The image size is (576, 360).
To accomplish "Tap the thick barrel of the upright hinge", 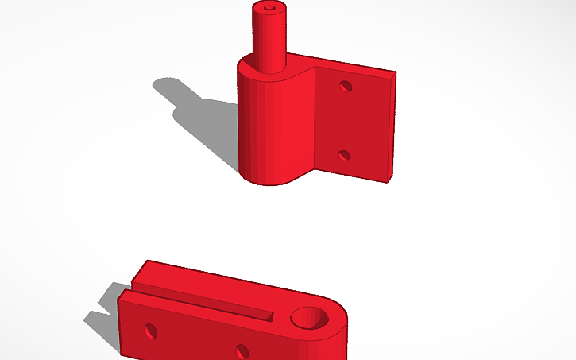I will pos(262,127).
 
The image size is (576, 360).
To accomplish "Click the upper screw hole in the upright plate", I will pos(345,85).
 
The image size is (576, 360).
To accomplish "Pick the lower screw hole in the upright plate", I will pos(344,155).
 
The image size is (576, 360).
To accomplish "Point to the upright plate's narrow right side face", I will pos(391,127).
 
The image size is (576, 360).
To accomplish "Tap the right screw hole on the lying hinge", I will pos(242,350).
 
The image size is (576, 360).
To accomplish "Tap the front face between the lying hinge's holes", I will pos(195,338).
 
